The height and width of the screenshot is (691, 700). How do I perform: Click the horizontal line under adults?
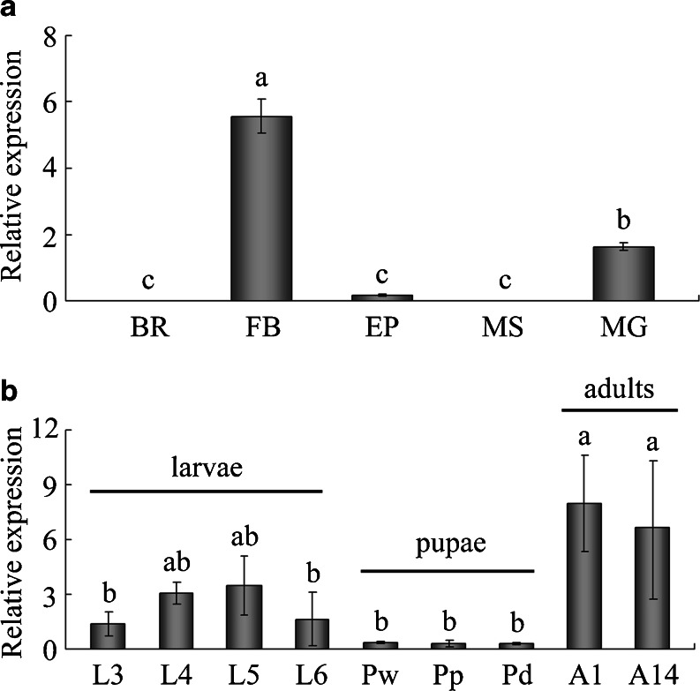(x=619, y=409)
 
